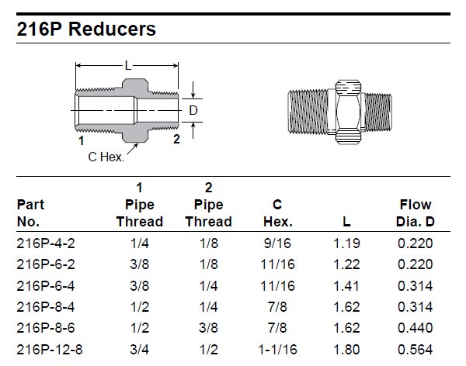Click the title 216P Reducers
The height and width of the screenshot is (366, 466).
tap(86, 29)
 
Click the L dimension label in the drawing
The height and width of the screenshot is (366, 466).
tap(129, 67)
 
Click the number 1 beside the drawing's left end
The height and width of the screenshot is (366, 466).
tap(81, 140)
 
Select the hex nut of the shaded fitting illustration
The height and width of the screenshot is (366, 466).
tap(346, 111)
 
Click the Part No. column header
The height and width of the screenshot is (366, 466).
tap(30, 213)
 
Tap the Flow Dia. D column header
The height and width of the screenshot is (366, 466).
tap(416, 213)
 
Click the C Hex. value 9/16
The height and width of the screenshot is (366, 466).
tap(278, 243)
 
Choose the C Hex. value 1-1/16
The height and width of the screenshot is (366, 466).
tap(278, 350)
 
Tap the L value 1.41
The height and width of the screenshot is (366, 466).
tap(346, 285)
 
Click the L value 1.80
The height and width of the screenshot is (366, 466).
tap(346, 350)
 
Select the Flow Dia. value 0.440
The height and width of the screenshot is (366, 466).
tap(416, 328)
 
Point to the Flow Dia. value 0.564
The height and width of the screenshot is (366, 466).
tap(416, 350)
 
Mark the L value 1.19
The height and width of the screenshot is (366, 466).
tap(346, 243)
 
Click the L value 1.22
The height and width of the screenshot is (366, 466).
tap(346, 264)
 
